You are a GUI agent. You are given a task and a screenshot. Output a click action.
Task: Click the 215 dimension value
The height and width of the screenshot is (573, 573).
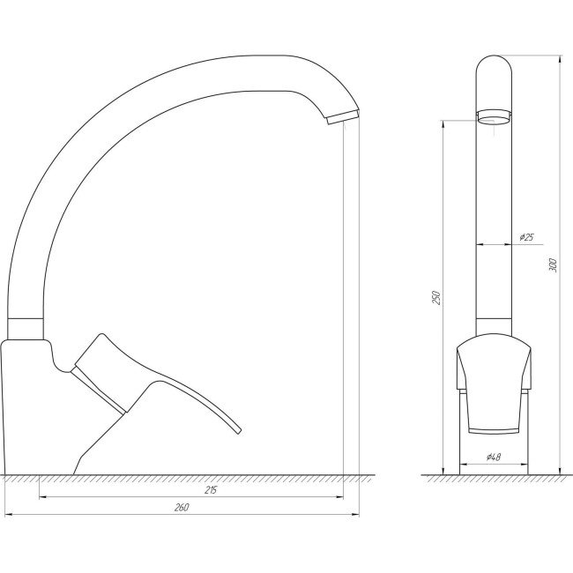(211, 490)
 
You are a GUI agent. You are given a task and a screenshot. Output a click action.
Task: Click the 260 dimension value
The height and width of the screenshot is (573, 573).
(182, 508)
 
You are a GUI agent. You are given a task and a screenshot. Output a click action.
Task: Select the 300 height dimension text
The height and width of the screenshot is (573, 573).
(554, 264)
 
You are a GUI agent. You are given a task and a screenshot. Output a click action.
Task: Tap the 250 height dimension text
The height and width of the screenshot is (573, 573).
(435, 297)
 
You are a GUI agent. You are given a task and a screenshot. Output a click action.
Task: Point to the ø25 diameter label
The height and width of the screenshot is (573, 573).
(527, 237)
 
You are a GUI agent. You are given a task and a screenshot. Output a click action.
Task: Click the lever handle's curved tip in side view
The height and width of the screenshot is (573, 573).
(234, 428)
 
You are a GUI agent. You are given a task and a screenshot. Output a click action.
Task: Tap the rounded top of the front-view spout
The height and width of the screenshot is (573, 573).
(493, 67)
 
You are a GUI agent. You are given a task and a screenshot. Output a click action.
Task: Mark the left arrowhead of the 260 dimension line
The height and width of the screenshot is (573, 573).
(9, 514)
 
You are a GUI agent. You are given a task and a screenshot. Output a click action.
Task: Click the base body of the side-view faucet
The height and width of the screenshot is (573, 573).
(35, 406)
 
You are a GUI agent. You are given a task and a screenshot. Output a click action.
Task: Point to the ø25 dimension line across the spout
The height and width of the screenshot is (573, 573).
(493, 245)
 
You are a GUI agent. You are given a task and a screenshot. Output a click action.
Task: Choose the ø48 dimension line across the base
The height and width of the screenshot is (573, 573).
(493, 465)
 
